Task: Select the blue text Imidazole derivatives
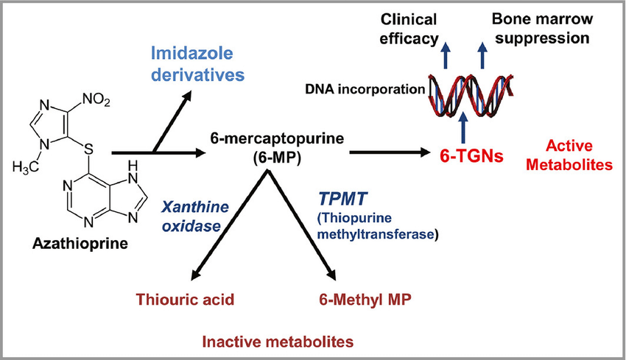(x=197, y=64)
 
